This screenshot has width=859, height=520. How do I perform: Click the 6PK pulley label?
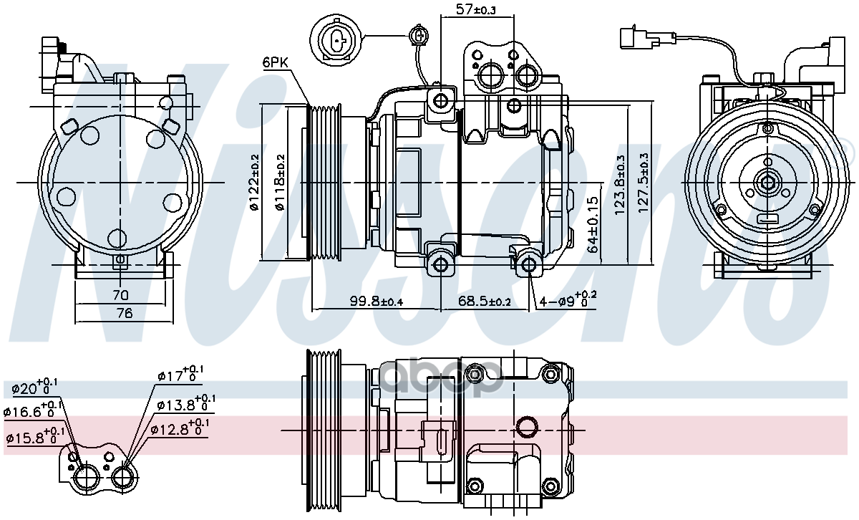[x=275, y=63]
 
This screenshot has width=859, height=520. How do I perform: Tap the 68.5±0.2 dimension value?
[x=485, y=302]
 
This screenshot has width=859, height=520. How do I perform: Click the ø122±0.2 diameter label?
[x=254, y=182]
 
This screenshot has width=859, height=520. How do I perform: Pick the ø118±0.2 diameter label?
[x=280, y=182]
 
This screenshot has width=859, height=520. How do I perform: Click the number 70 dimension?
[x=120, y=294]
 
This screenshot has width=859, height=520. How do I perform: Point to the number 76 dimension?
[x=124, y=312]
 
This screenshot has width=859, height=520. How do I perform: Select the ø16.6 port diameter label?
[x=33, y=411]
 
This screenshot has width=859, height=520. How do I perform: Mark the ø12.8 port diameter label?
[x=180, y=428]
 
